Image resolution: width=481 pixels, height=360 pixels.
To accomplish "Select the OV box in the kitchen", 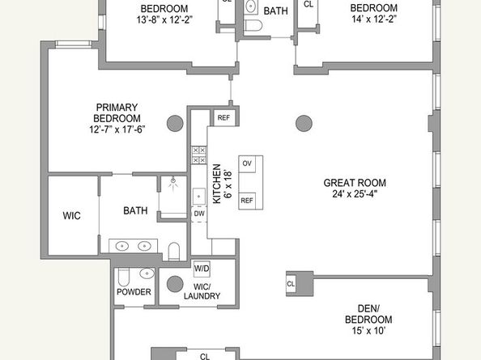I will coord(248,163).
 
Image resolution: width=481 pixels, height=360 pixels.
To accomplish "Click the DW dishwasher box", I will coord(198,214).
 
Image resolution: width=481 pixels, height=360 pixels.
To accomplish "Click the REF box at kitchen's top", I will coord(223,118).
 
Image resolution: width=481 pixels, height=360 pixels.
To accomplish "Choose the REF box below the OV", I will coord(248,200).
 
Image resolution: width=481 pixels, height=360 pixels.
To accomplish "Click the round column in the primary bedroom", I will coord(175,124).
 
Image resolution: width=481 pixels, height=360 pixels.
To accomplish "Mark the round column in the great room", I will coord(303,124).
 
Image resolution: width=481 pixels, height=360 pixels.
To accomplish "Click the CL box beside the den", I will coord(291,284).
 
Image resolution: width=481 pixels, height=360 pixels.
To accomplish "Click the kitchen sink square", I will coord(198,196).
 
